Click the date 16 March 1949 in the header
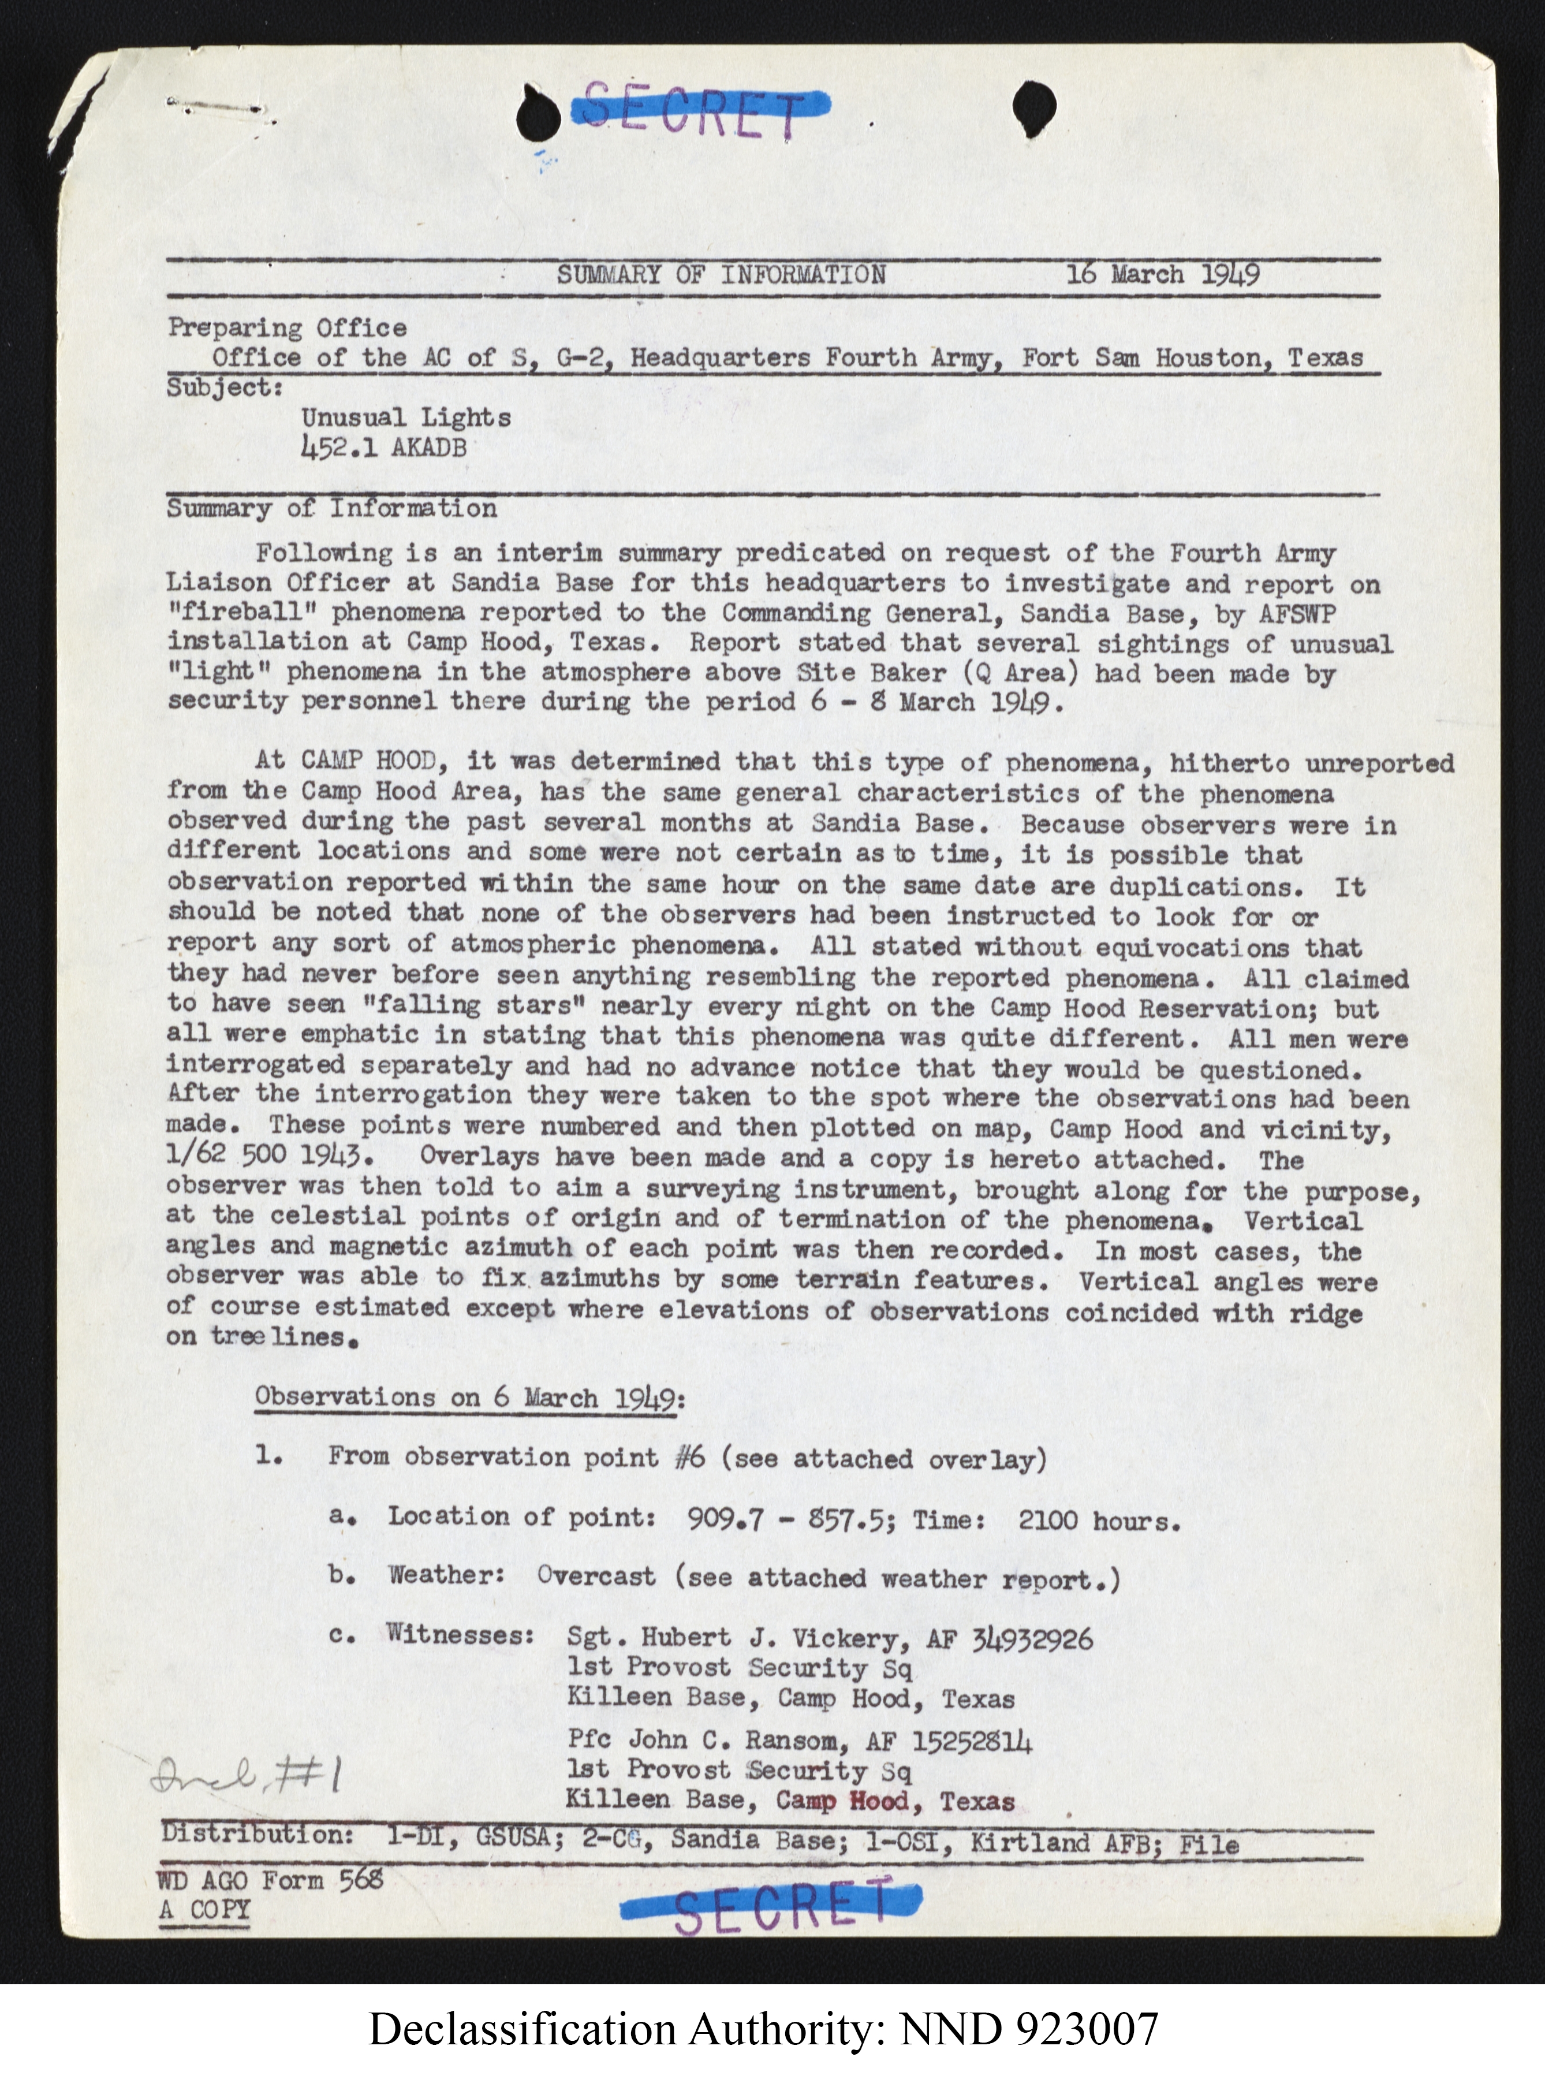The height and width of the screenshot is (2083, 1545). [x=1162, y=275]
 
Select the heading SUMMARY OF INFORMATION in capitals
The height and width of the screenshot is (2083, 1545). [x=721, y=275]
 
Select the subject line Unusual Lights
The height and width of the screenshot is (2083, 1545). [x=406, y=418]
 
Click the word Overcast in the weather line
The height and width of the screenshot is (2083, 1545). [x=596, y=1576]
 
